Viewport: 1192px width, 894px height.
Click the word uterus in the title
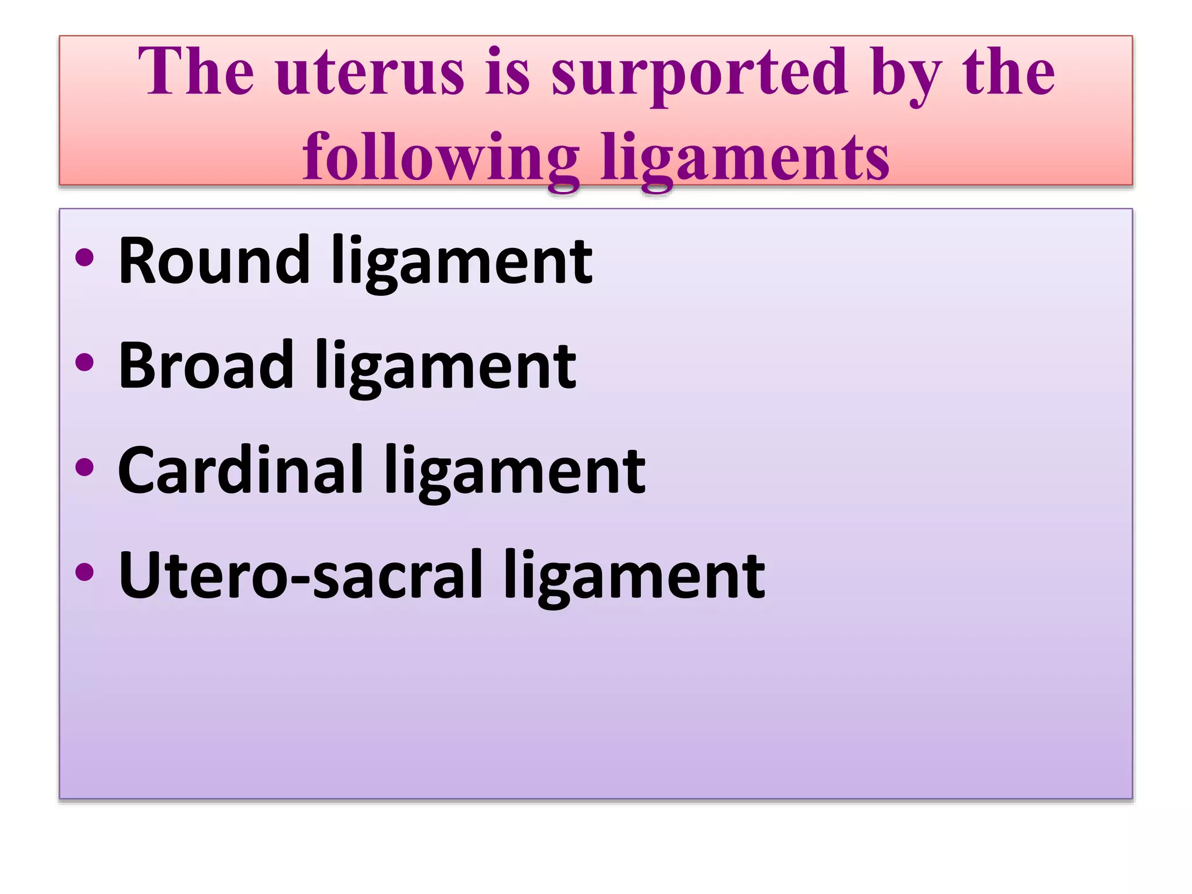pyautogui.click(x=370, y=73)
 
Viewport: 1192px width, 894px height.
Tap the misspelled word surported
pyautogui.click(x=699, y=73)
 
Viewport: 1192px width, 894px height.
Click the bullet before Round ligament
pyautogui.click(x=85, y=258)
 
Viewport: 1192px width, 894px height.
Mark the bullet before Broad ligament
pyautogui.click(x=85, y=362)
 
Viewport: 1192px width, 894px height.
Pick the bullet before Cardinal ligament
pyautogui.click(x=85, y=467)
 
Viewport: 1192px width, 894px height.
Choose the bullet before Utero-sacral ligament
pyautogui.click(x=85, y=572)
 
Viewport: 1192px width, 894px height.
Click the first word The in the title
pyautogui.click(x=196, y=73)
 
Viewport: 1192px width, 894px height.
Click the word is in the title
pyautogui.click(x=508, y=73)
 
